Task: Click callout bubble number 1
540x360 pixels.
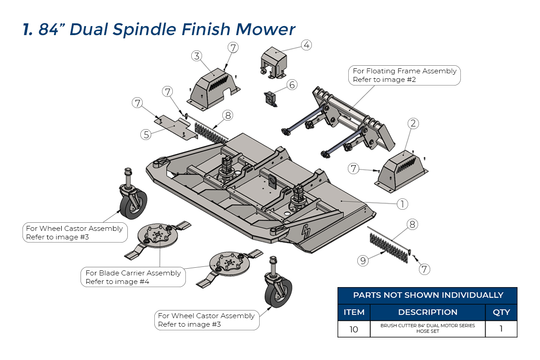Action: pyautogui.click(x=402, y=204)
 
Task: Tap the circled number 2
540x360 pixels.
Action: pyautogui.click(x=414, y=123)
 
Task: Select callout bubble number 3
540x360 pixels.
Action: pyautogui.click(x=196, y=56)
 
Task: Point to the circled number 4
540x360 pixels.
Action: pyautogui.click(x=306, y=45)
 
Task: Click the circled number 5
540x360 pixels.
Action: pyautogui.click(x=145, y=134)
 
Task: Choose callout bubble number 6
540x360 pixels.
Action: pyautogui.click(x=292, y=84)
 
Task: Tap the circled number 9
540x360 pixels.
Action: pyautogui.click(x=363, y=260)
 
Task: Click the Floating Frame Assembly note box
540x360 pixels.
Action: pyautogui.click(x=404, y=75)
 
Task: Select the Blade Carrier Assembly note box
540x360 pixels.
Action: pyautogui.click(x=133, y=277)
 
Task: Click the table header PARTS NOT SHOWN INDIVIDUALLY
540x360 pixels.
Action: pyautogui.click(x=427, y=295)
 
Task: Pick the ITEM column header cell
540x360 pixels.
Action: pyautogui.click(x=354, y=312)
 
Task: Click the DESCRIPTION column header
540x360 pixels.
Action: pyautogui.click(x=427, y=312)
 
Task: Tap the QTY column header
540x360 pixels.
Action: pyautogui.click(x=501, y=312)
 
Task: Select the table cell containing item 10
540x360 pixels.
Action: pyautogui.click(x=354, y=329)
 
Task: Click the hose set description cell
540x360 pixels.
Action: pyautogui.click(x=427, y=328)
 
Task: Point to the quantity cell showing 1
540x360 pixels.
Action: pyautogui.click(x=501, y=329)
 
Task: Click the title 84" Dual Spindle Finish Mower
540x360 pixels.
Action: pyautogui.click(x=159, y=30)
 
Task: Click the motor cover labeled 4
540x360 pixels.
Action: pyautogui.click(x=274, y=62)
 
